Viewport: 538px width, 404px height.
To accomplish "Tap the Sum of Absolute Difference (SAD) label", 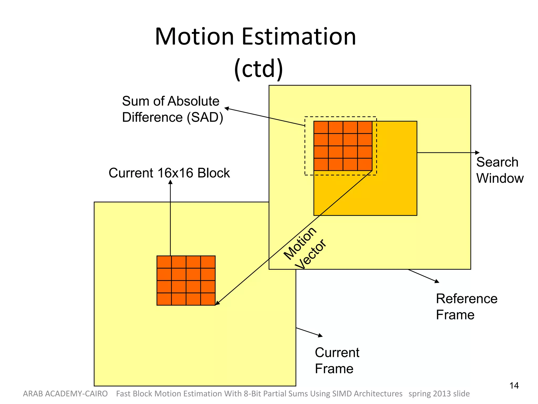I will tap(172, 109).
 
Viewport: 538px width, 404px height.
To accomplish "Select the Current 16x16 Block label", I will tap(169, 173).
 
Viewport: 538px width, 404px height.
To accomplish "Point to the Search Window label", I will tap(500, 170).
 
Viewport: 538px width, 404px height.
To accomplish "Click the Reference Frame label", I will tap(467, 306).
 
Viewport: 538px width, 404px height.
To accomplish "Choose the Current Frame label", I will tap(337, 360).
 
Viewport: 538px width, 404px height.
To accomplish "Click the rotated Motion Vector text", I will tap(305, 248).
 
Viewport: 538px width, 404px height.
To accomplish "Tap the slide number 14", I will tap(514, 386).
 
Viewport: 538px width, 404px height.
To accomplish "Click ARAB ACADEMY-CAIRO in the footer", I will tap(65, 394).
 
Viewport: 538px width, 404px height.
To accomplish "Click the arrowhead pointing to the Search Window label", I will tap(478, 153).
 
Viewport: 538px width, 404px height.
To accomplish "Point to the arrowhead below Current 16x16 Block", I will tap(170, 182).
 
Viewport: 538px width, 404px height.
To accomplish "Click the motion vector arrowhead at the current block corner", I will tap(217, 303).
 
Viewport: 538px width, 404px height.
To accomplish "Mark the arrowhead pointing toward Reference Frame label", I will tap(437, 281).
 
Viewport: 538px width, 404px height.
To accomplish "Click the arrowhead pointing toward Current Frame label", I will tap(320, 335).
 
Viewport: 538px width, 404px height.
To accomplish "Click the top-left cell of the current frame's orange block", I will tap(164, 262).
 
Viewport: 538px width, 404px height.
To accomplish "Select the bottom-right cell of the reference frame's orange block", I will tap(365, 164).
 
